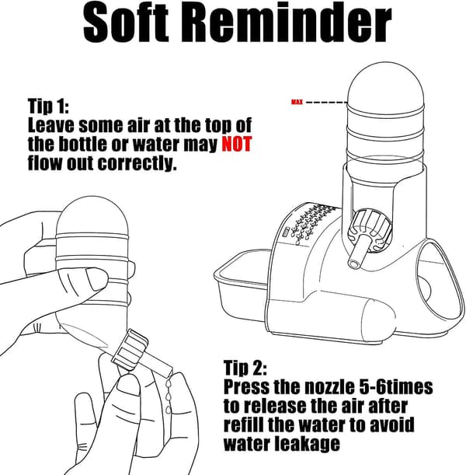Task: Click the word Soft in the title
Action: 126,23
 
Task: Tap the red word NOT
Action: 237,144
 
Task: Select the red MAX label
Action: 297,102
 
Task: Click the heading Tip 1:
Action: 48,107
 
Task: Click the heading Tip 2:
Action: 245,368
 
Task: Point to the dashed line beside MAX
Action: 327,102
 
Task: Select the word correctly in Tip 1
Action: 137,163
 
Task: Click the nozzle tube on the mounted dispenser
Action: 358,250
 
